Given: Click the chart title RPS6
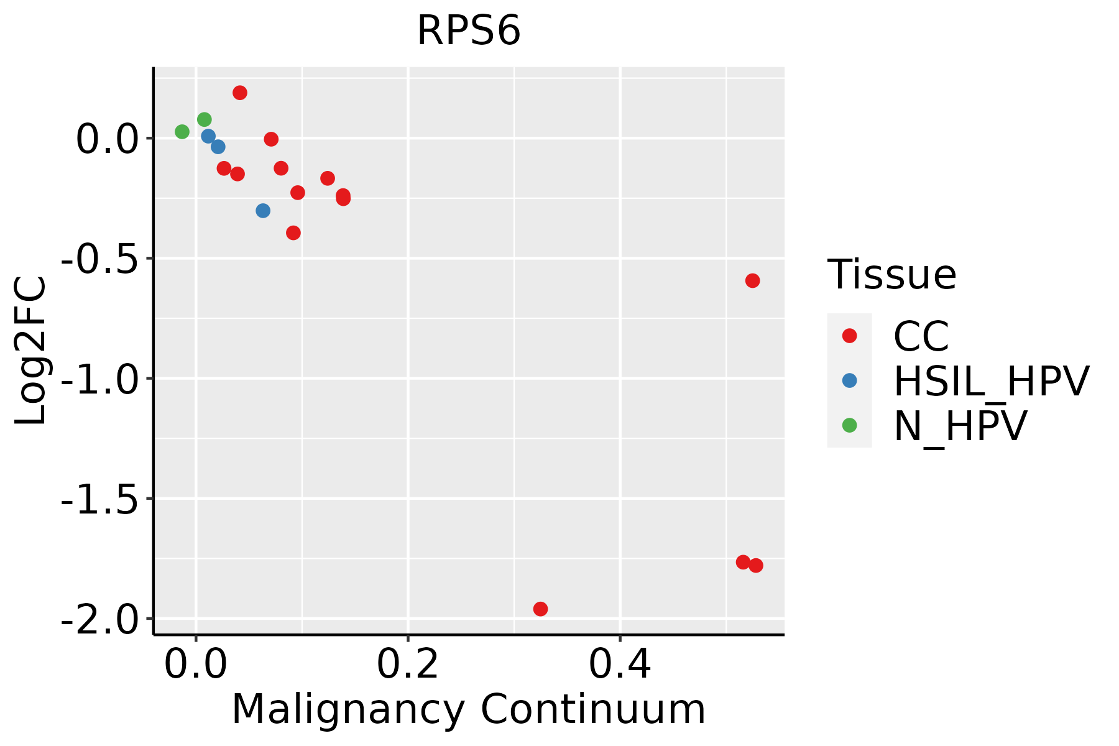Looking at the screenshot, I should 468,31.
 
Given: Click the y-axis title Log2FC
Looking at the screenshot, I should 31,351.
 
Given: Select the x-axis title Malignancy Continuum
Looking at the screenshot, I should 468,709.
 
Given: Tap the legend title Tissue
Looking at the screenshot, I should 891,274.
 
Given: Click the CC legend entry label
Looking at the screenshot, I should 921,336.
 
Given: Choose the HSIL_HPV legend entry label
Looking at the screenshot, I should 991,381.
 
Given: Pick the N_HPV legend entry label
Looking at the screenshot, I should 960,426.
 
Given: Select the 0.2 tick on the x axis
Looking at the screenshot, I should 407,665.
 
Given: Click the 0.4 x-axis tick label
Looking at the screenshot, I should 620,665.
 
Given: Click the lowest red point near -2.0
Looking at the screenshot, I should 540,609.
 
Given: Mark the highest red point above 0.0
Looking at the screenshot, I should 240,93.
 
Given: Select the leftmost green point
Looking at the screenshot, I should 182,132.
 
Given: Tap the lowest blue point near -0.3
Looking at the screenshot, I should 263,211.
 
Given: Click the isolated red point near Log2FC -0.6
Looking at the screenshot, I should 752,281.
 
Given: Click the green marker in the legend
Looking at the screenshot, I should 849,425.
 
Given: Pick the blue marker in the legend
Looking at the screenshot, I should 849,380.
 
